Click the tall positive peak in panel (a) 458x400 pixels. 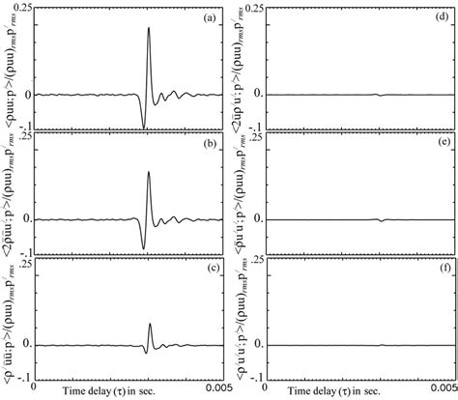[x=149, y=28]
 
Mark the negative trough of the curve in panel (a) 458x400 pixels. [x=143, y=126]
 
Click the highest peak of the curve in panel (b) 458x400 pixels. [x=149, y=146]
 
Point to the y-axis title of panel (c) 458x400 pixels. [x=9, y=319]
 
